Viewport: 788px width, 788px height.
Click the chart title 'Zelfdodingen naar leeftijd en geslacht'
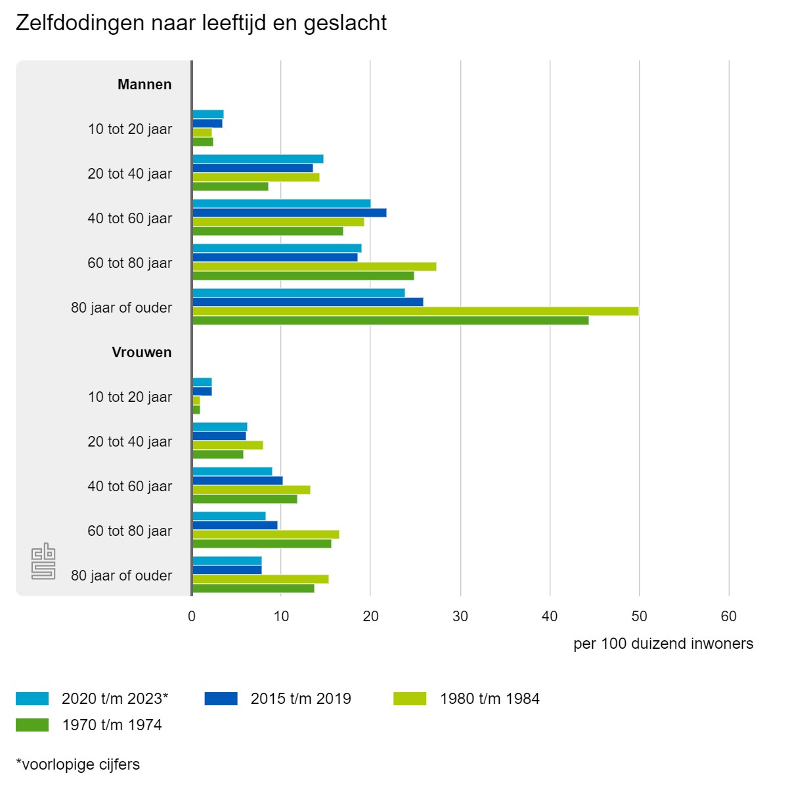point(201,23)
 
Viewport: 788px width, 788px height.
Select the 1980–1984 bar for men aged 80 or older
point(415,311)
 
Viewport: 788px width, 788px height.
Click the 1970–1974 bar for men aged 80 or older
point(390,320)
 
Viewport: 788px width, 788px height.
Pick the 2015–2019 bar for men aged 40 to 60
point(289,213)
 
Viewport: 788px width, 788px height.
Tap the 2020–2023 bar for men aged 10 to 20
point(208,114)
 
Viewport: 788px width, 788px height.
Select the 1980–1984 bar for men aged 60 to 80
point(314,267)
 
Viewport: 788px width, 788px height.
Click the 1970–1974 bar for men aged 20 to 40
point(230,186)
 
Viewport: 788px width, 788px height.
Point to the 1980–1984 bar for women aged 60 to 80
point(265,535)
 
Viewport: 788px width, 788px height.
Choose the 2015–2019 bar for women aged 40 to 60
point(237,481)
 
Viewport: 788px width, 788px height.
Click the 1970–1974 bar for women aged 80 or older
point(253,588)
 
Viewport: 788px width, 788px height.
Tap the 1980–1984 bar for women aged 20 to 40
point(227,445)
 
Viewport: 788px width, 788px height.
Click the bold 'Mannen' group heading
point(144,85)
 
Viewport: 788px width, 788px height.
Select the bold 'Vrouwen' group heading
point(142,353)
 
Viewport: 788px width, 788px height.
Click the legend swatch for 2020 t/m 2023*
point(32,699)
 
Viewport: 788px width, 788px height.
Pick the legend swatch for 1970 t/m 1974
point(32,725)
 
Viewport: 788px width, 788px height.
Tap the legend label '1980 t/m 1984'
point(490,699)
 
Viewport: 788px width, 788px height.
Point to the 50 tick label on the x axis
point(639,617)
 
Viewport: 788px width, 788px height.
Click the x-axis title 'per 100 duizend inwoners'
point(663,644)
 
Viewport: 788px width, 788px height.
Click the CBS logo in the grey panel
point(43,561)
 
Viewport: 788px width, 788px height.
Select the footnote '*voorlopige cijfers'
point(78,764)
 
